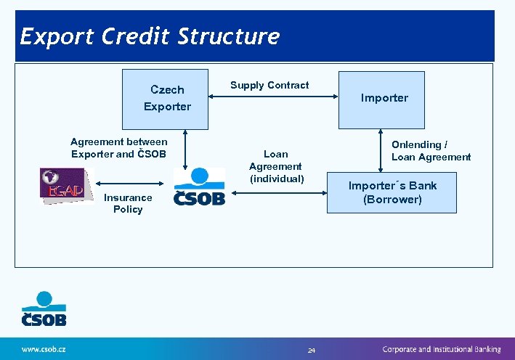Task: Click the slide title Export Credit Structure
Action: pyautogui.click(x=150, y=36)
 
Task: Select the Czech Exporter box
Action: pyautogui.click(x=167, y=98)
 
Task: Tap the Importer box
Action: pyautogui.click(x=384, y=98)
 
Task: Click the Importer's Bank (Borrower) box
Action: pyautogui.click(x=392, y=192)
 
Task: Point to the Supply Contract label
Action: pyautogui.click(x=269, y=85)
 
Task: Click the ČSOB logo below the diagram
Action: pyautogui.click(x=44, y=308)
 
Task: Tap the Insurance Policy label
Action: pyautogui.click(x=128, y=203)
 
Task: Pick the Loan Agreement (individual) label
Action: pyautogui.click(x=276, y=166)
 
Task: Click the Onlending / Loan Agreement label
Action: pyautogui.click(x=431, y=150)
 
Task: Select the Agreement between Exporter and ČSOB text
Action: pyautogui.click(x=118, y=147)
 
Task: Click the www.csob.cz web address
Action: pyautogui.click(x=44, y=349)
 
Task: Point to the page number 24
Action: pyautogui.click(x=312, y=351)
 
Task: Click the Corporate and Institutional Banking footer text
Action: pyautogui.click(x=442, y=349)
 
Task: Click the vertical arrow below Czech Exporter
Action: pyautogui.click(x=186, y=149)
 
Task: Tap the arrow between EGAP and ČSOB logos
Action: pyautogui.click(x=133, y=182)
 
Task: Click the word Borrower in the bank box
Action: pyautogui.click(x=393, y=199)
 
